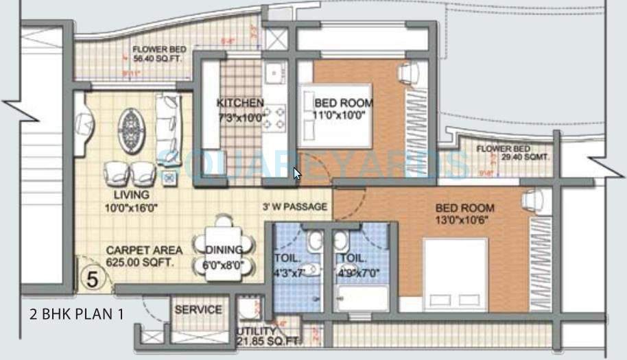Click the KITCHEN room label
point(240,103)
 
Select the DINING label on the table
point(224,250)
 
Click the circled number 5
point(90,278)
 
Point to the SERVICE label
point(198,310)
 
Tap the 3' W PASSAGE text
point(295,206)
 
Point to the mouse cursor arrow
point(296,173)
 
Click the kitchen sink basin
point(274,71)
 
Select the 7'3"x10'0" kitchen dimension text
point(240,117)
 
